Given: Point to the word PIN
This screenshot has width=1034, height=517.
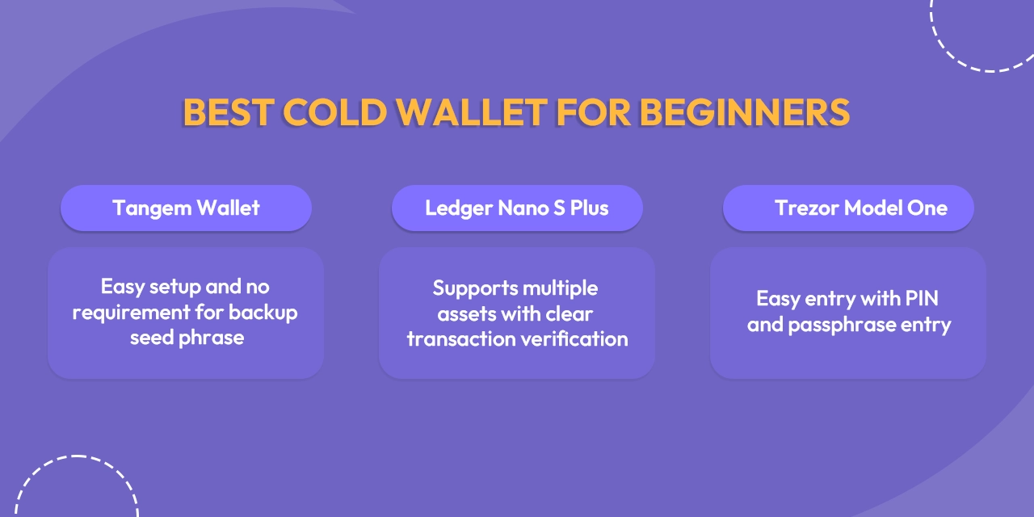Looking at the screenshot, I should (x=921, y=299).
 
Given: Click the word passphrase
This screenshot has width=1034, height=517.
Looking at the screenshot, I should (x=841, y=326).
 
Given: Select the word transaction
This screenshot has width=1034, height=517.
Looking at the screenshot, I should (x=460, y=338).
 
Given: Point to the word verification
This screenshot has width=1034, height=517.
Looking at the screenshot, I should (x=574, y=338).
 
